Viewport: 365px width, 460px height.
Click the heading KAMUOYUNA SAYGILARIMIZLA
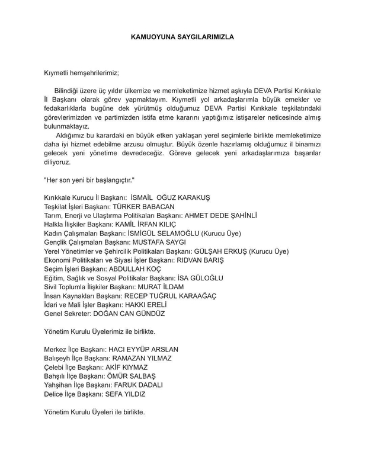coord(182,37)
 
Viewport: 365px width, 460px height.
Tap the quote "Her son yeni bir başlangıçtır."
coord(89,180)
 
